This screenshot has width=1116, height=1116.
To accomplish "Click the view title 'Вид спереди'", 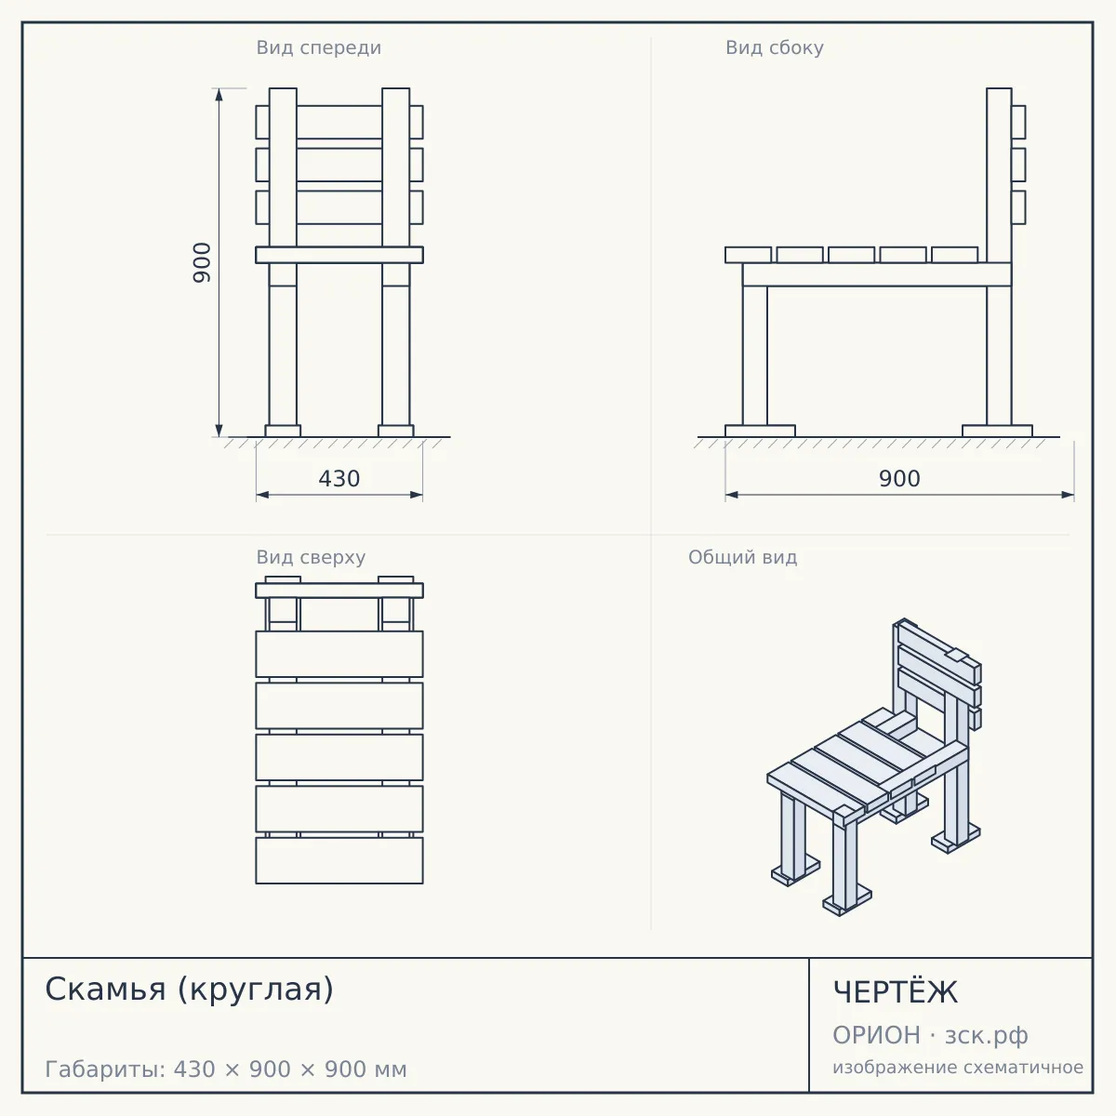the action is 319,47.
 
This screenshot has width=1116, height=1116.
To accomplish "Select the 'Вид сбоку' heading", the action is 775,47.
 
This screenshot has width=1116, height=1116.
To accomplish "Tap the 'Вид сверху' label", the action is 311,557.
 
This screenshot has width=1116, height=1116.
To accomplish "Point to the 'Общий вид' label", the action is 742,557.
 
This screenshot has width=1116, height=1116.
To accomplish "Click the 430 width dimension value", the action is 339,479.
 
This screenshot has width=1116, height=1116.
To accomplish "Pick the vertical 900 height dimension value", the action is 202,262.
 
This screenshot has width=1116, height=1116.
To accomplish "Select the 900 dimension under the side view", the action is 899,479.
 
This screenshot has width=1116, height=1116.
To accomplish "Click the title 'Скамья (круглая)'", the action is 190,990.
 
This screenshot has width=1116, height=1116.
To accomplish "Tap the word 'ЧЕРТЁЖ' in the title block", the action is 896,991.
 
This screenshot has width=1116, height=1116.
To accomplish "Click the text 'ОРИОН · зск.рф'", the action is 930,1035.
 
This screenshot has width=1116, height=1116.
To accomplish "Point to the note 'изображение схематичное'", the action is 958,1068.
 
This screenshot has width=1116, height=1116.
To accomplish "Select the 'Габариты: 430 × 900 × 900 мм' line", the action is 226,1069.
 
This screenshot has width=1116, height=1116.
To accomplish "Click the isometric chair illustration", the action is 874,767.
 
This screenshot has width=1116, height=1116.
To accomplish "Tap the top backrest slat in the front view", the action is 339,122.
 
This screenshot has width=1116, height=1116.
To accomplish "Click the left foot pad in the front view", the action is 283,431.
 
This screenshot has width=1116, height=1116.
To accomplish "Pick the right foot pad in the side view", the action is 997,431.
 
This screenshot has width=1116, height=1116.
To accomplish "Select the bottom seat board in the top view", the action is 339,860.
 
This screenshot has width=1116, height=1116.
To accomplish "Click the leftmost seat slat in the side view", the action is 749,255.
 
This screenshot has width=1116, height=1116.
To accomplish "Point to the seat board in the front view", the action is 339,255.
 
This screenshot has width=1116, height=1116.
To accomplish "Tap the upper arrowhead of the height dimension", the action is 219,95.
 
